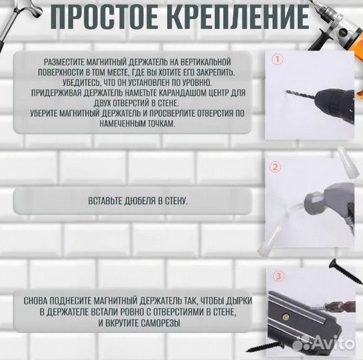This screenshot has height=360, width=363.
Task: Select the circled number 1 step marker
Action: coord(277,59)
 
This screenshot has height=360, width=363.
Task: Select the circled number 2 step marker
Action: coord(277,169)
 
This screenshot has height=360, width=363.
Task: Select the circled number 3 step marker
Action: coord(277,275)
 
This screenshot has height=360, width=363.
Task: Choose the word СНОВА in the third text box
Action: coord(35,301)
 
